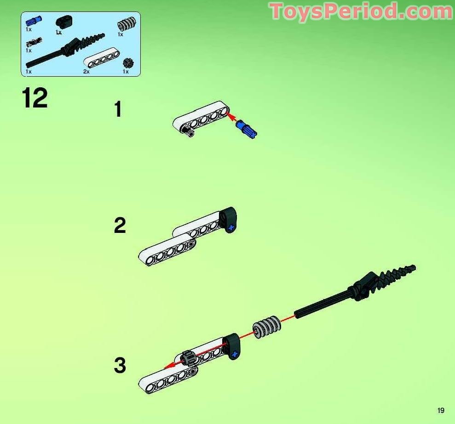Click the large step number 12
35,98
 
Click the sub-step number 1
118,109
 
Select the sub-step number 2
120,225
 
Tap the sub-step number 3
120,365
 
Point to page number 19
441,410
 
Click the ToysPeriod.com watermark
361,11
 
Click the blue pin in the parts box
34,21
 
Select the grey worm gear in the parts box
127,23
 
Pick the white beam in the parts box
102,58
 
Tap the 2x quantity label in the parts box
86,72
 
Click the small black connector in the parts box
64,22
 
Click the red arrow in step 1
233,118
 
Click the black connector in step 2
228,220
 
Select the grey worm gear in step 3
266,326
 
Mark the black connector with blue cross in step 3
232,346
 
